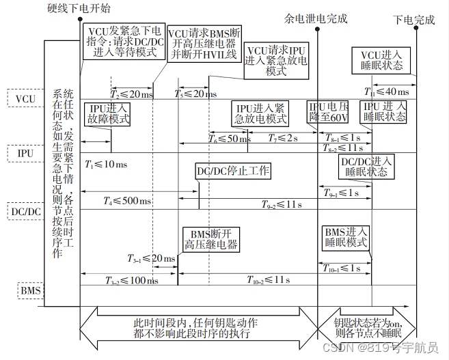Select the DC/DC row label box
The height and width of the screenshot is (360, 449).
[x=25, y=210]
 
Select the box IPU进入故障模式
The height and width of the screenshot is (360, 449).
[x=107, y=114]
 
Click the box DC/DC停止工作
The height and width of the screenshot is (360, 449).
[x=233, y=170]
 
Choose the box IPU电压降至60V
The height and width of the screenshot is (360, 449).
[x=329, y=112]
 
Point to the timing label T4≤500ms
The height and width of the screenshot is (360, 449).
[x=128, y=201]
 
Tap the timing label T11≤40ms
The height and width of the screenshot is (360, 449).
[x=387, y=92]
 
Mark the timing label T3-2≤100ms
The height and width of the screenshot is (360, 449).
[x=131, y=280]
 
